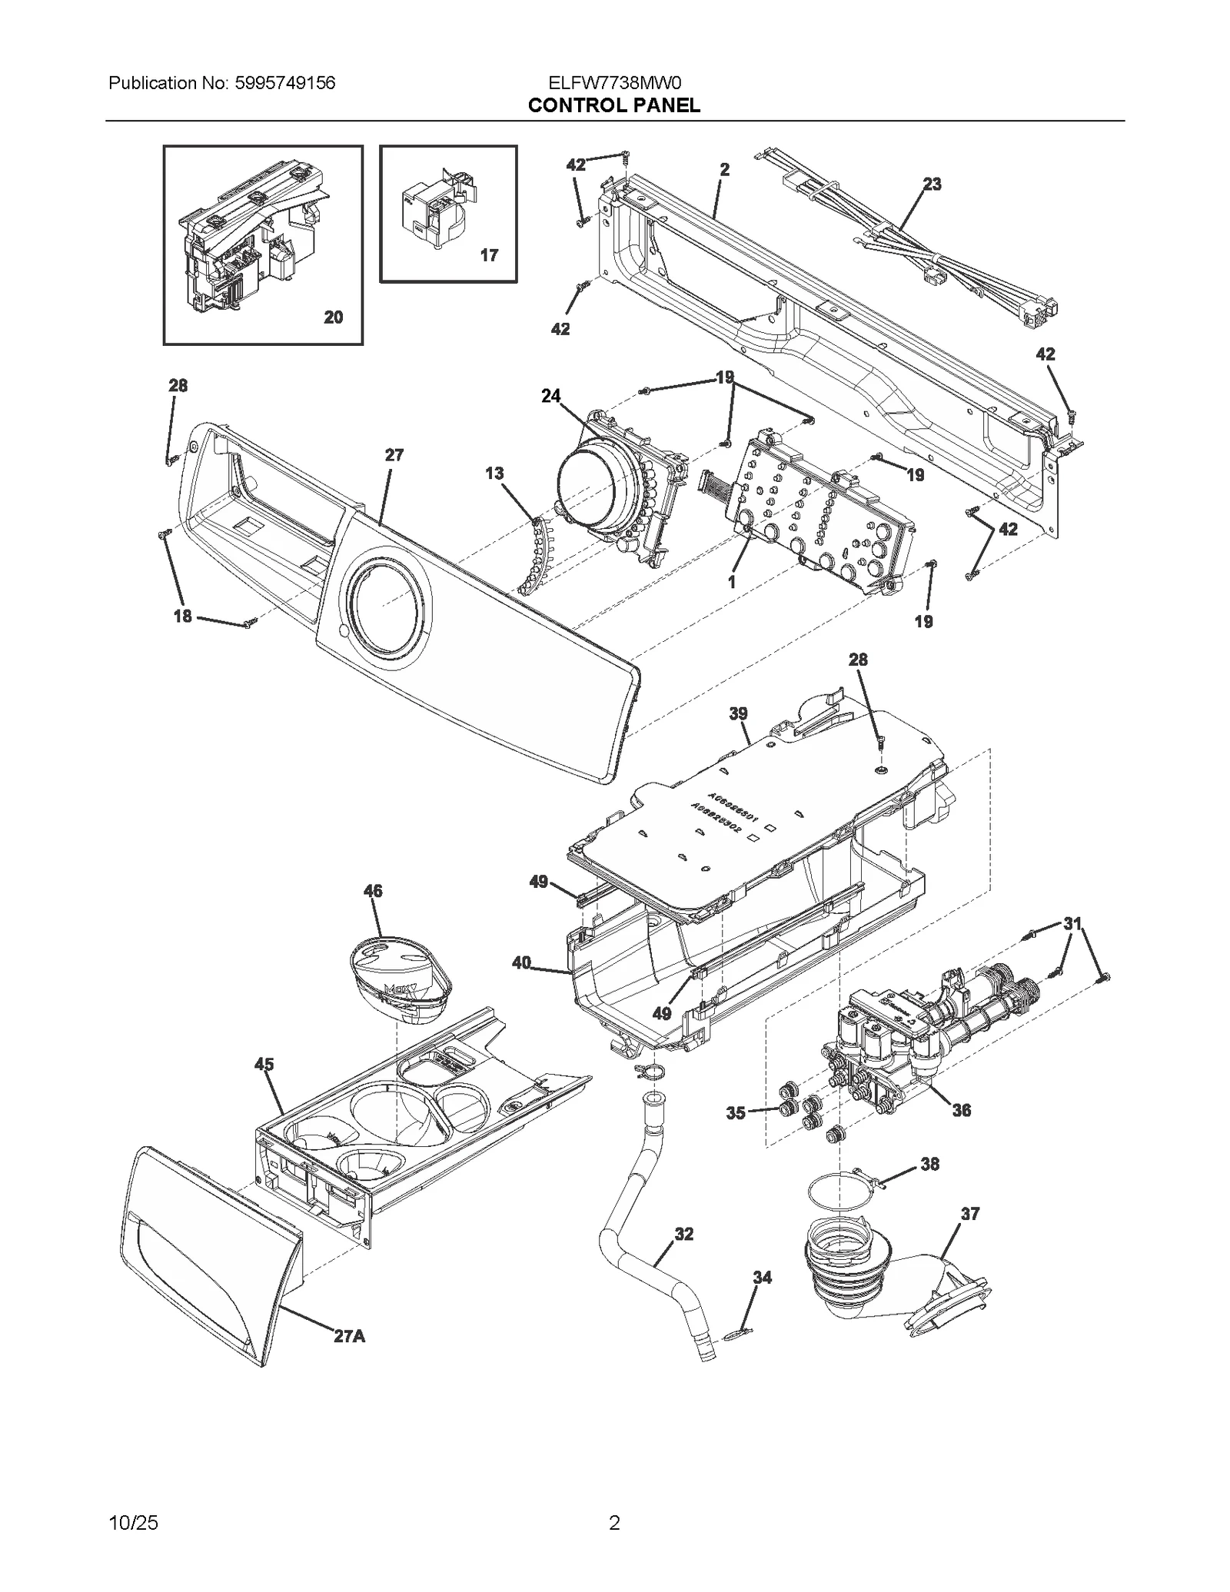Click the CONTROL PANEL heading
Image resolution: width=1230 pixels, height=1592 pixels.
tap(613, 105)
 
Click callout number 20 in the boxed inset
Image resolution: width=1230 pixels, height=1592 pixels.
tap(333, 317)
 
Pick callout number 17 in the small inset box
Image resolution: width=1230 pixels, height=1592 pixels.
tap(489, 255)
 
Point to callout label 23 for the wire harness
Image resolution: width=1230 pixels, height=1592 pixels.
tap(932, 184)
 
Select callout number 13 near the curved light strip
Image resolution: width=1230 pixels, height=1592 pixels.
tap(494, 473)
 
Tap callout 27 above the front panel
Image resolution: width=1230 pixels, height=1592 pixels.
tap(394, 455)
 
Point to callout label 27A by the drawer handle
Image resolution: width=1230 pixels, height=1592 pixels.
tap(349, 1336)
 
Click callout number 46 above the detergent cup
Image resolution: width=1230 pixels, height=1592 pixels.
tap(373, 891)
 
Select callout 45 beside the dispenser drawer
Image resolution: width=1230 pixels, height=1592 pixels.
tap(264, 1064)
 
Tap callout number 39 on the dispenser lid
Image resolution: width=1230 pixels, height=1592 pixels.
tap(738, 713)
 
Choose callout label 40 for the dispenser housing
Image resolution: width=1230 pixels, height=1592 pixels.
tap(521, 962)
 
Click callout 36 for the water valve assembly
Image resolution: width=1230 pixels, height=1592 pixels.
tap(961, 1110)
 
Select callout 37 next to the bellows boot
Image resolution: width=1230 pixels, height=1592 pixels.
tap(970, 1213)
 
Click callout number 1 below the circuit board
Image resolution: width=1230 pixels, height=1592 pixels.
tap(732, 583)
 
